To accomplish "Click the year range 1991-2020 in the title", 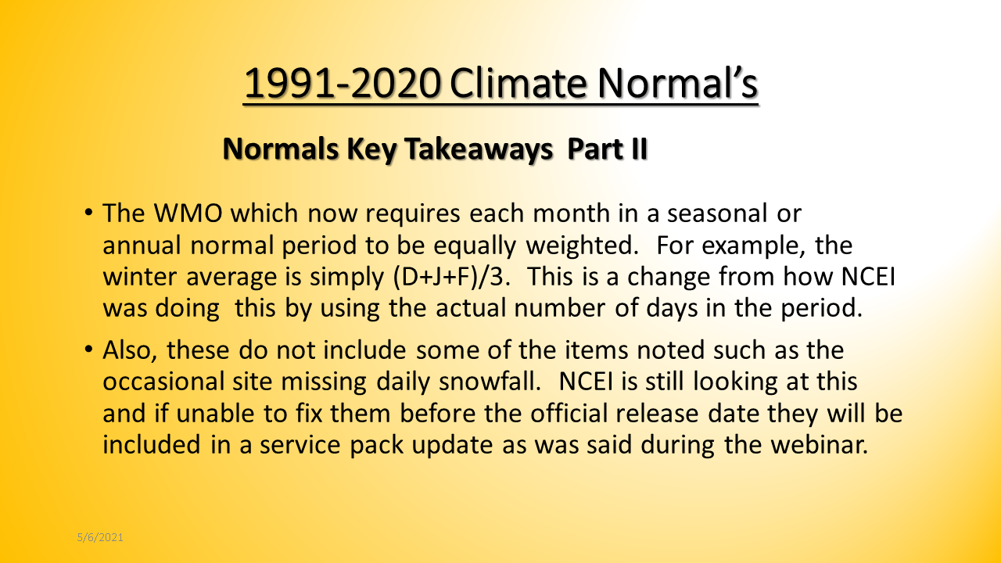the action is click(342, 83).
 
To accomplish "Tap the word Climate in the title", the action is click(518, 83).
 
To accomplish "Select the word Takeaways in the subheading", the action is click(479, 149).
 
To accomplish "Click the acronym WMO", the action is click(188, 213).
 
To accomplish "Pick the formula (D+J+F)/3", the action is click(451, 277).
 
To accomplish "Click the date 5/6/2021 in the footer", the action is click(100, 537).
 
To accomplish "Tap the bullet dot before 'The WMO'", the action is click(88, 212).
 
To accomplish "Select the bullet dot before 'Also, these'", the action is click(88, 349).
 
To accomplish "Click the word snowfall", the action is click(490, 381).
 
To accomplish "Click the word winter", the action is click(139, 277).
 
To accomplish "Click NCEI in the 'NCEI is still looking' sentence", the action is click(586, 382).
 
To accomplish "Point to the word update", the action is click(452, 446).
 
